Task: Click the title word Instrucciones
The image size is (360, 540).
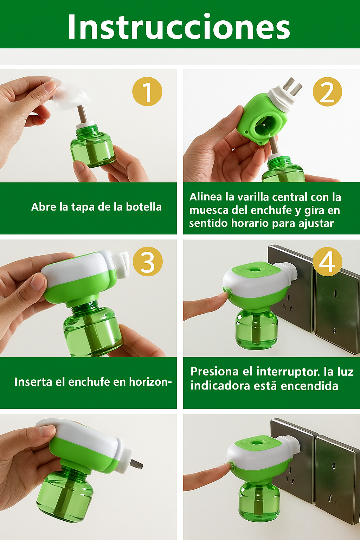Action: (179, 27)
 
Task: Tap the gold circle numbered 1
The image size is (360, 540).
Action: (147, 92)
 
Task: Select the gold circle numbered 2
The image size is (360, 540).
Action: (327, 92)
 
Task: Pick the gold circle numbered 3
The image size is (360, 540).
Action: (147, 262)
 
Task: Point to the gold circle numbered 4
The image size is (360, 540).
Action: (327, 262)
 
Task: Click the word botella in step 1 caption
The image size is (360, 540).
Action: (144, 207)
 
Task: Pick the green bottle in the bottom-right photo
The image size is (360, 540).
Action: (259, 502)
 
